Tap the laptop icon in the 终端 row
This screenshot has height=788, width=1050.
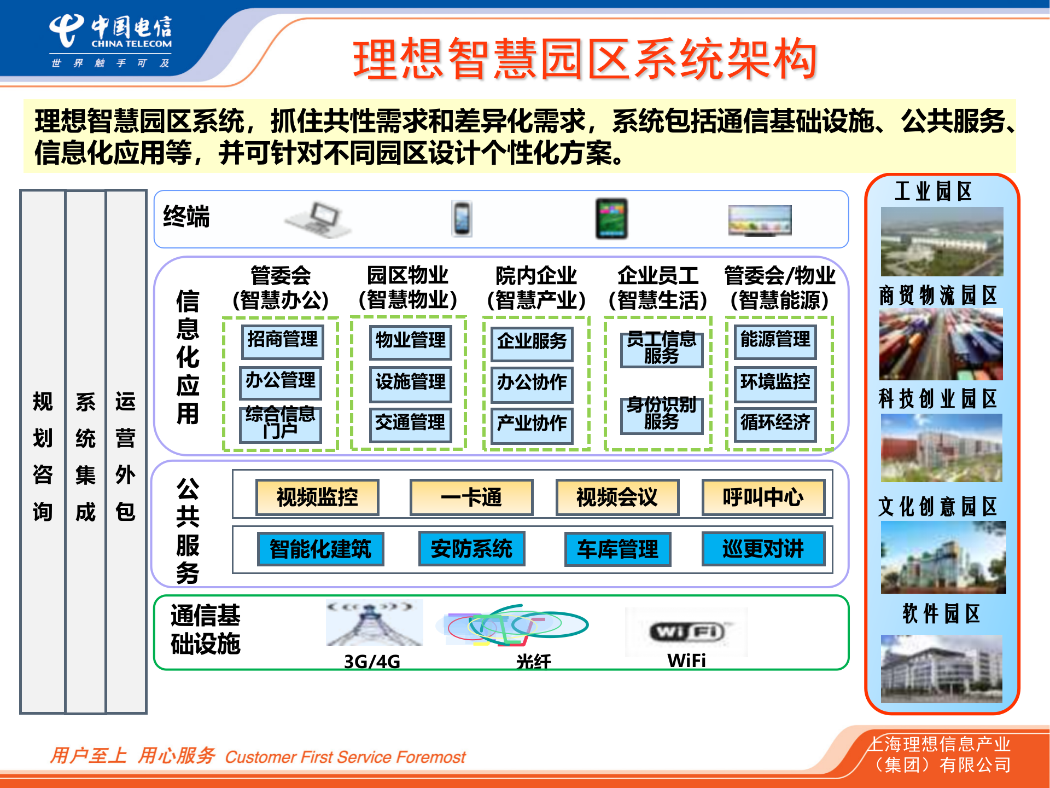click(x=318, y=219)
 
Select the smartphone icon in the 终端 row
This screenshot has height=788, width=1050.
click(x=462, y=219)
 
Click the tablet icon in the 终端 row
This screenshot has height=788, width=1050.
click(x=611, y=219)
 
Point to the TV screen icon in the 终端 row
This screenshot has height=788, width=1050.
click(x=760, y=220)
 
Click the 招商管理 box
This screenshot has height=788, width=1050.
click(x=282, y=340)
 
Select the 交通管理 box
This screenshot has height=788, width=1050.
click(x=410, y=424)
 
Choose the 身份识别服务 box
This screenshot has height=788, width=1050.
click(x=661, y=415)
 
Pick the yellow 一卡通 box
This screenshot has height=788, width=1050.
click(x=471, y=497)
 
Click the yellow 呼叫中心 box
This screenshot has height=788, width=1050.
click(x=763, y=497)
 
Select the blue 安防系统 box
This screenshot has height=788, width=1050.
click(x=471, y=549)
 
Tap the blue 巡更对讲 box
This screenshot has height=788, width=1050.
click(x=763, y=549)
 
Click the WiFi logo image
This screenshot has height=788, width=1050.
click(x=686, y=632)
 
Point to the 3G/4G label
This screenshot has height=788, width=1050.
click(x=372, y=662)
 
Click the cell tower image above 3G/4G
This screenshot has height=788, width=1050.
click(x=374, y=623)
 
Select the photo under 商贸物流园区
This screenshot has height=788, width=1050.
click(x=941, y=344)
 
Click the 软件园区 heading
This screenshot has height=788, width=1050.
click(x=941, y=614)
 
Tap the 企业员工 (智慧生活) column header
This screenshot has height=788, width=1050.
click(x=658, y=288)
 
